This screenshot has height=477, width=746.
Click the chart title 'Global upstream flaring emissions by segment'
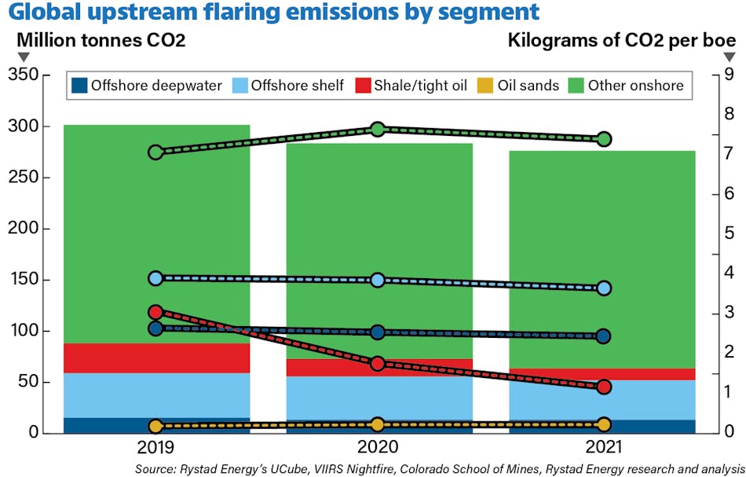tap(272, 13)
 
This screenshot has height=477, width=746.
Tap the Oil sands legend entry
tap(518, 86)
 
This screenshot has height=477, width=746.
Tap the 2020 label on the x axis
tap(378, 449)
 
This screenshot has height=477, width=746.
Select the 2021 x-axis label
tap(604, 449)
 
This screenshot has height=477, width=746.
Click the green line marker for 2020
tap(378, 129)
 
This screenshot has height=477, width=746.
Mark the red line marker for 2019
tap(155, 312)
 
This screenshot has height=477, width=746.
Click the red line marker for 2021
tap(604, 387)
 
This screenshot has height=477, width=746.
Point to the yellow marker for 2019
tap(155, 427)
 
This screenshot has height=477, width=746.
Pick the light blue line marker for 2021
tap(604, 288)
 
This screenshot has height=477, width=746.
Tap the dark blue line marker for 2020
tap(378, 332)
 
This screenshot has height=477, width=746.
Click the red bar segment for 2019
tap(156, 358)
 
